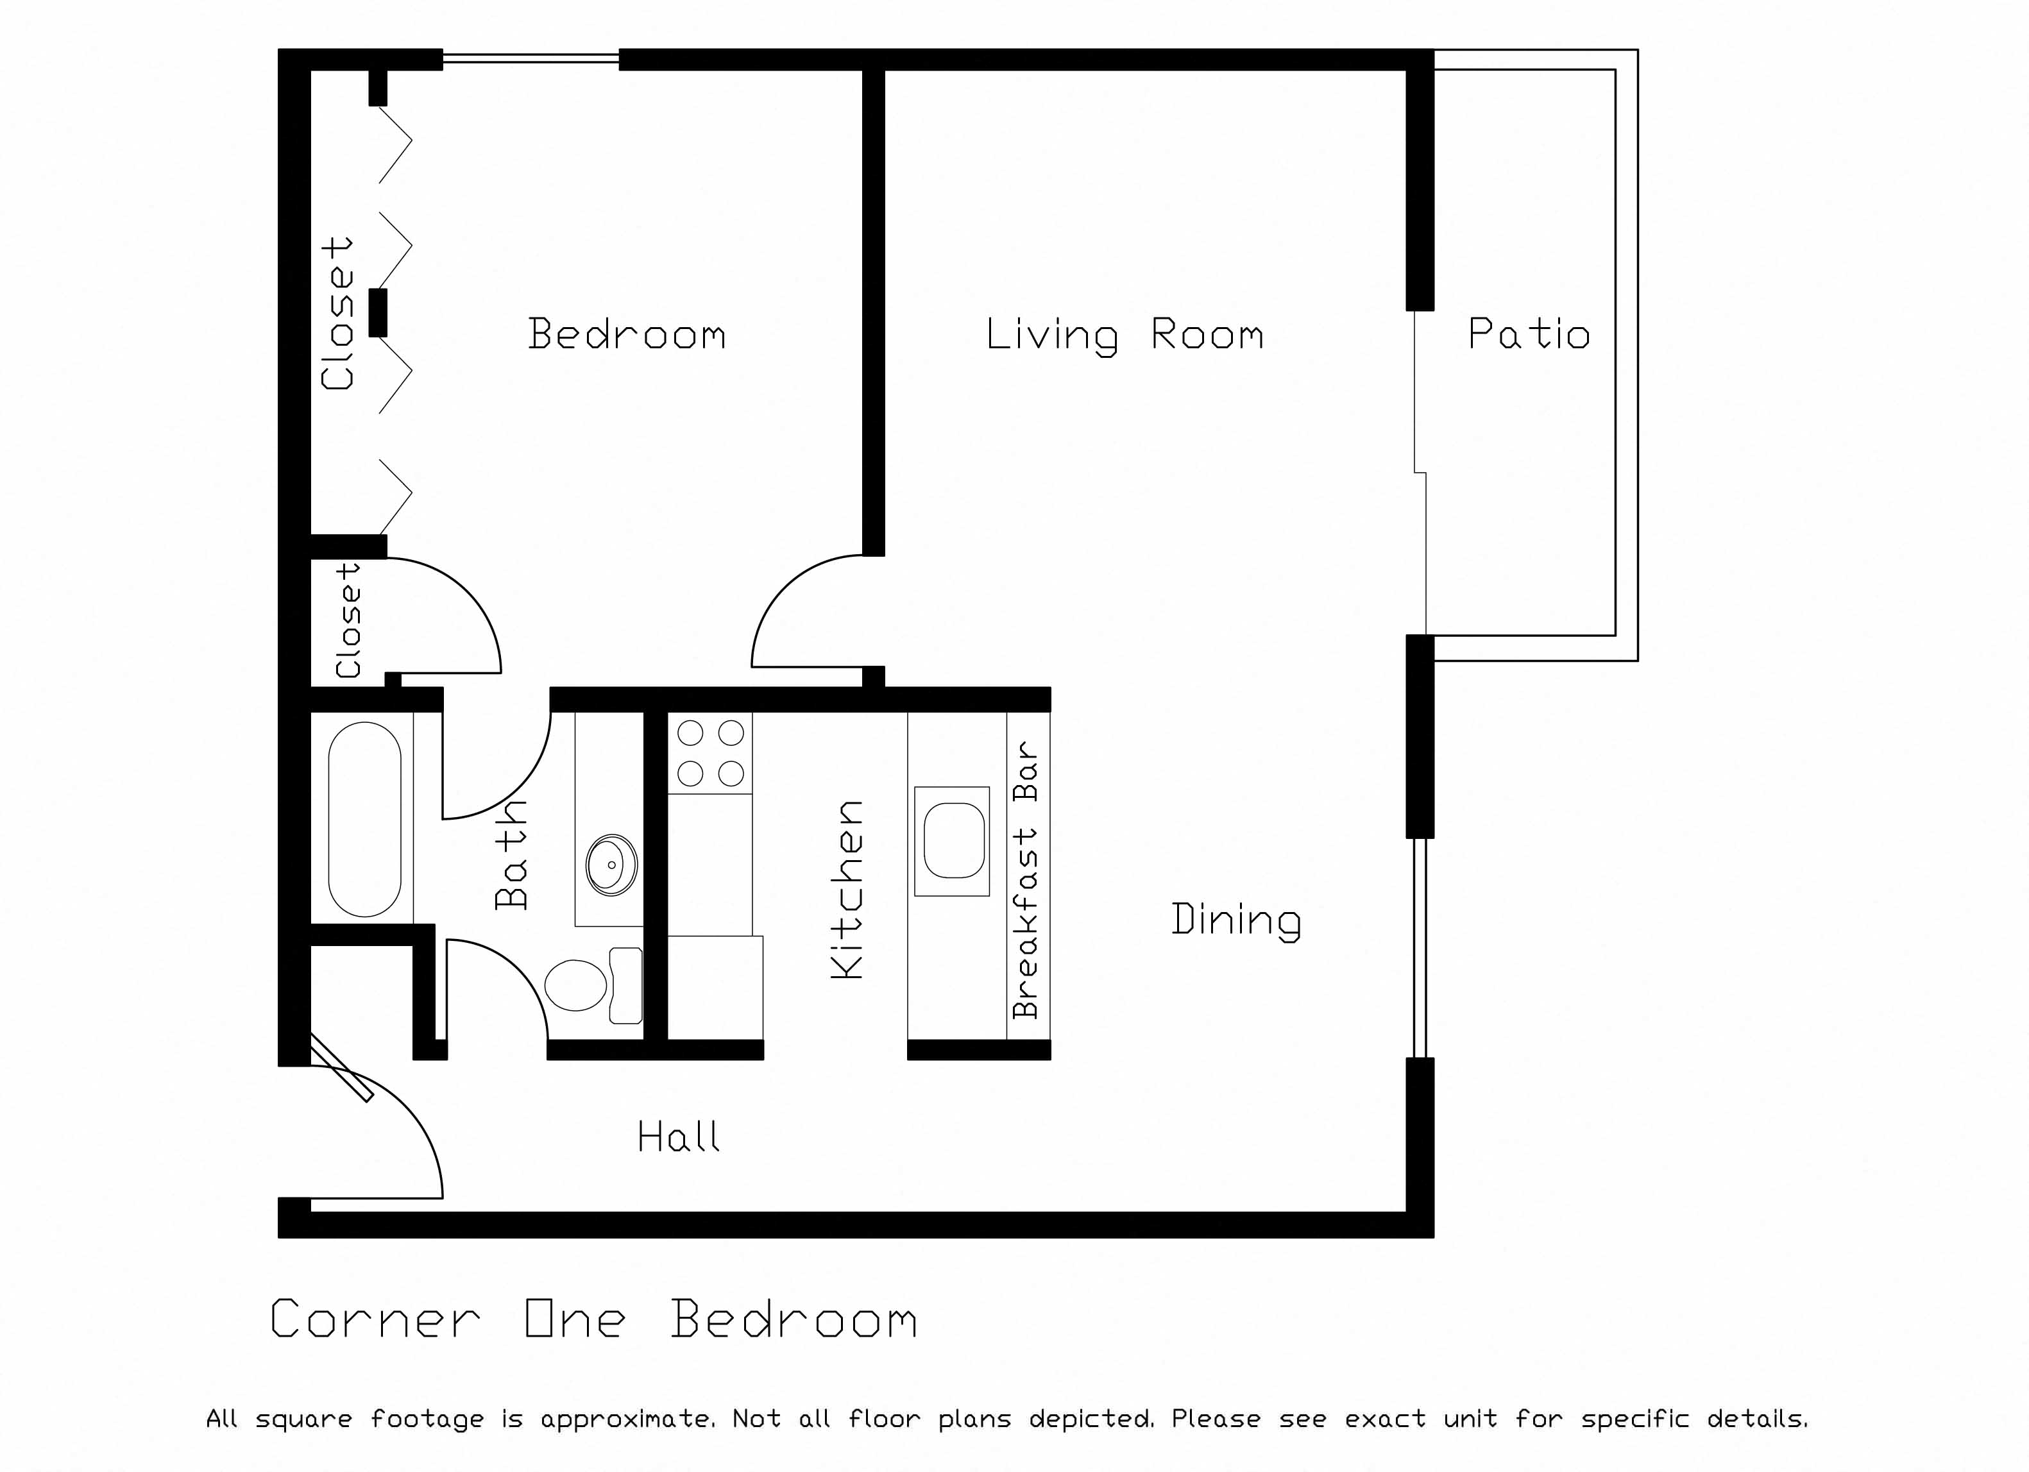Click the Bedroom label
(626, 334)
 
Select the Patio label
(1528, 334)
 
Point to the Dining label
(1235, 920)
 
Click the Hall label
(678, 1137)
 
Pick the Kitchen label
(847, 889)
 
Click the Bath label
(512, 855)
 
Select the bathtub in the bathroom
(364, 819)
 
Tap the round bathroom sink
(611, 865)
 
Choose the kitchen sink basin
(954, 841)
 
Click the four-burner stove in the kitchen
(710, 752)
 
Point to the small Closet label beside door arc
(348, 619)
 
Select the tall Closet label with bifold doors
(337, 313)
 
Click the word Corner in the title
(375, 1320)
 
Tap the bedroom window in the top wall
(531, 59)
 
